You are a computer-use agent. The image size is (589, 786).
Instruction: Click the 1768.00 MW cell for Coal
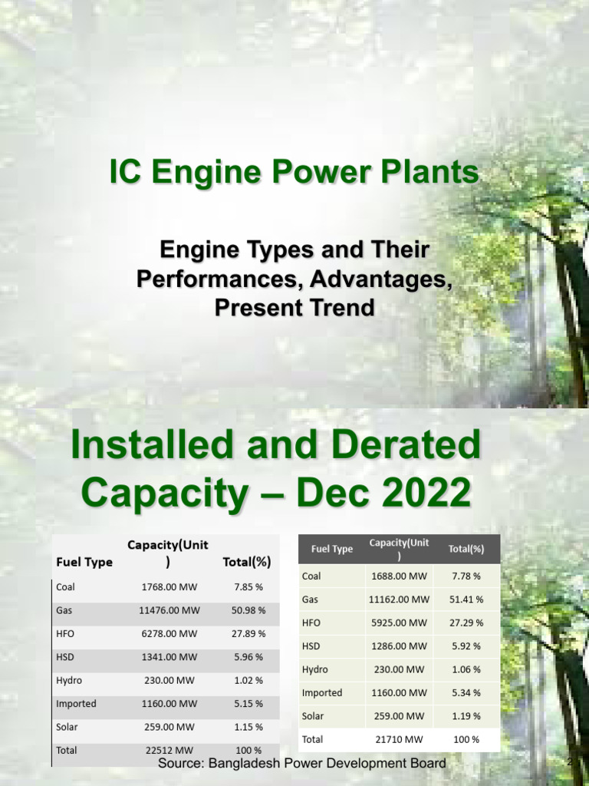(x=169, y=587)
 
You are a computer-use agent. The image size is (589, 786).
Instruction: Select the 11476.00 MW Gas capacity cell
(x=169, y=611)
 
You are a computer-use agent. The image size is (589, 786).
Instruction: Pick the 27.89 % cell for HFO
(x=247, y=634)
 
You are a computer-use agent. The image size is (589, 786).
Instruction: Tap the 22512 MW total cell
(x=169, y=750)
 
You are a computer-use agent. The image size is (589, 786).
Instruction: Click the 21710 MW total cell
(x=398, y=739)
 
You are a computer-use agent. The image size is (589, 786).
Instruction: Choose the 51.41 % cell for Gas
(x=466, y=599)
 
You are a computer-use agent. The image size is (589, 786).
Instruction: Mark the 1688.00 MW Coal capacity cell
(x=398, y=576)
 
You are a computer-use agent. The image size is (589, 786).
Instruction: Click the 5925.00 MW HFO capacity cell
(x=398, y=623)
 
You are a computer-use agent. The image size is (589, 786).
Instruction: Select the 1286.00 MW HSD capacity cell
(x=398, y=646)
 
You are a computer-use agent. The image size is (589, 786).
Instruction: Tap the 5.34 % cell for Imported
(x=466, y=692)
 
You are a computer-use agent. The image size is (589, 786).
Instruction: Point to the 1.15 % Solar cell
(x=247, y=727)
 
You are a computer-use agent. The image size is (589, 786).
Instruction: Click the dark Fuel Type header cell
(x=332, y=549)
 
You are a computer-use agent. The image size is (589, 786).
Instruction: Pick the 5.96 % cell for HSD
(x=247, y=657)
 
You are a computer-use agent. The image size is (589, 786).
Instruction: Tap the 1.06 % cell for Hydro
(x=466, y=669)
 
